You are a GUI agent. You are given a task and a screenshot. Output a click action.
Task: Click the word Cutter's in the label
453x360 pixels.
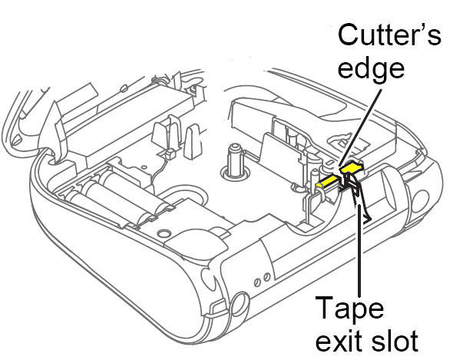coord(389,35)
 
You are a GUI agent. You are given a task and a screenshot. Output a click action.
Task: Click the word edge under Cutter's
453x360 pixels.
coord(371,69)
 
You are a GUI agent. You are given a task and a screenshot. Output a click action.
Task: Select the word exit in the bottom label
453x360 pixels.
coord(340,341)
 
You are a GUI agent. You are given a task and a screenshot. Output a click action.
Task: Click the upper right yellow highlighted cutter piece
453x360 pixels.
coord(352,167)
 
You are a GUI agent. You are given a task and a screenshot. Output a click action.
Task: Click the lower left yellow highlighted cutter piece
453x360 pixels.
coord(327,181)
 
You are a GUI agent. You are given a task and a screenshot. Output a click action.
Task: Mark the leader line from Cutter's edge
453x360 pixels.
coord(361,127)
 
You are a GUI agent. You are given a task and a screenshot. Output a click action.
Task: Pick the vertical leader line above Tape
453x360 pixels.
coord(359,250)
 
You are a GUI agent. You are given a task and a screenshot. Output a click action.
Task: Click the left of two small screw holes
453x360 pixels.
coord(258,282)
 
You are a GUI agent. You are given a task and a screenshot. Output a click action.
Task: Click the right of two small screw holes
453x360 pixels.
coord(267,277)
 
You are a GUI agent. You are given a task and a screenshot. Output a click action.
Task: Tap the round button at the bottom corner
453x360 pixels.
coord(240,304)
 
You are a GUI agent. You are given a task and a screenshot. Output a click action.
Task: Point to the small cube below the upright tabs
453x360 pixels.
coord(170,153)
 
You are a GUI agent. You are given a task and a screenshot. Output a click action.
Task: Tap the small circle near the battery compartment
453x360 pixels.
coord(164,233)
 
